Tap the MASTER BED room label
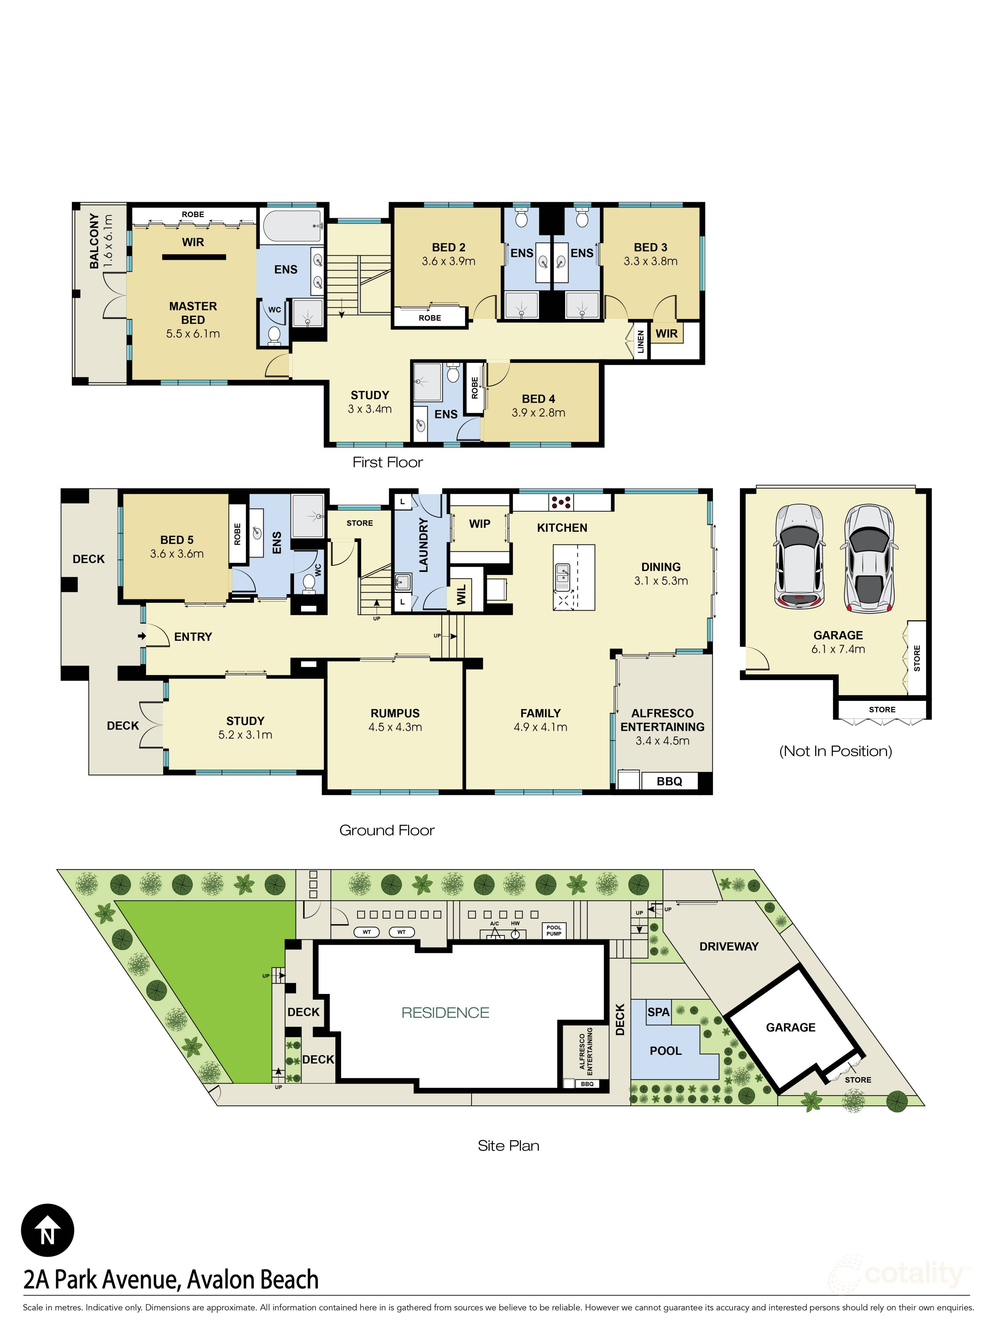coord(193,313)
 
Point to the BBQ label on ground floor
coord(669,781)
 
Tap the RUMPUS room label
coord(395,713)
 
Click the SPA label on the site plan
coord(658,1012)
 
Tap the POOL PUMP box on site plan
coord(553,930)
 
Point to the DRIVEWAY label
coord(728,946)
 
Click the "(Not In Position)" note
coord(835,751)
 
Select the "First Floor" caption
coord(387,462)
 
